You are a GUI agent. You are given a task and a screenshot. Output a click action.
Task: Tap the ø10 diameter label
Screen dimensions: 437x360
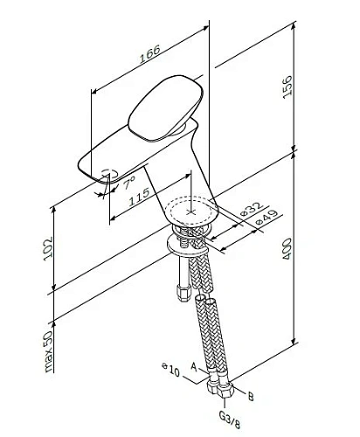point(170,371)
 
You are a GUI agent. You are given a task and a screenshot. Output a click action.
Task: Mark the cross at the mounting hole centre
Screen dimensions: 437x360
point(194,212)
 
